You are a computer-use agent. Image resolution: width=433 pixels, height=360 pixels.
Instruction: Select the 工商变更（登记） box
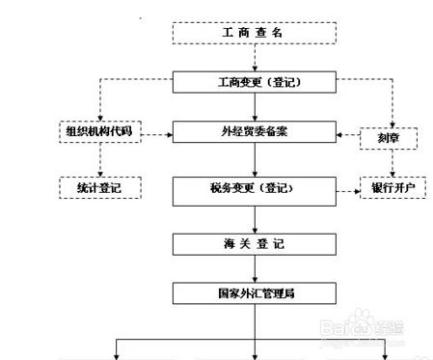click(x=255, y=82)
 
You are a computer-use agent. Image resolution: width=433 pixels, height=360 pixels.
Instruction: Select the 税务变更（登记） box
click(x=255, y=189)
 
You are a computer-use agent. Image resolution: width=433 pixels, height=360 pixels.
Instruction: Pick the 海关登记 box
click(x=255, y=243)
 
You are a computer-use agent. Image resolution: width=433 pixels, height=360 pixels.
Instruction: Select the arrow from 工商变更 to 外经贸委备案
click(x=255, y=107)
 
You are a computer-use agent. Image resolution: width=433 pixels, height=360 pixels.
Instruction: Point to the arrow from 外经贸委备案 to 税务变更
click(x=255, y=160)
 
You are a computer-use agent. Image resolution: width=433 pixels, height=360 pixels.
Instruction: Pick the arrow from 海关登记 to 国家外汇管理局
click(x=255, y=266)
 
